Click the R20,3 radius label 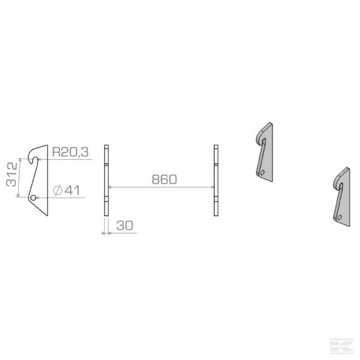tap(70, 153)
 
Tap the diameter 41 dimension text tap(67, 191)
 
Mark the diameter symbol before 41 tap(58, 191)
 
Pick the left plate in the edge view tap(106, 180)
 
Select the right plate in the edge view tap(216, 180)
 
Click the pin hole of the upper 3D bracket tap(262, 172)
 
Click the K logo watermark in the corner tap(346, 346)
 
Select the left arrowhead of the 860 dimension tap(110, 188)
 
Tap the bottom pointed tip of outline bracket tap(45, 214)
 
